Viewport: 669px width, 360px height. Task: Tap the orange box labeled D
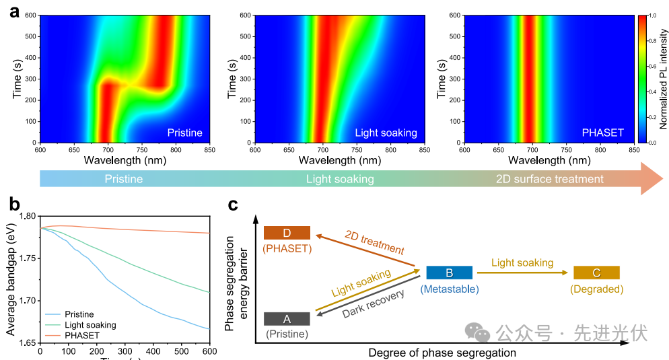pyautogui.click(x=287, y=233)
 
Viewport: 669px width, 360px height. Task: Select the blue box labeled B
pyautogui.click(x=449, y=273)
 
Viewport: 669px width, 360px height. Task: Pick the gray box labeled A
pyautogui.click(x=287, y=319)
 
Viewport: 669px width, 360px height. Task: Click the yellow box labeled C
pyautogui.click(x=596, y=273)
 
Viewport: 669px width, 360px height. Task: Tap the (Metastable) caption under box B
pyautogui.click(x=449, y=289)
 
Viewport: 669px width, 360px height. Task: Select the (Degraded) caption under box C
pyautogui.click(x=596, y=289)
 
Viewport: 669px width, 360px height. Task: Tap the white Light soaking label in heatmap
pyautogui.click(x=386, y=133)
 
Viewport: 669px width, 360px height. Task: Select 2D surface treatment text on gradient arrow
pyautogui.click(x=549, y=179)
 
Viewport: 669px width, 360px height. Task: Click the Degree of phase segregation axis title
pyautogui.click(x=442, y=353)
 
